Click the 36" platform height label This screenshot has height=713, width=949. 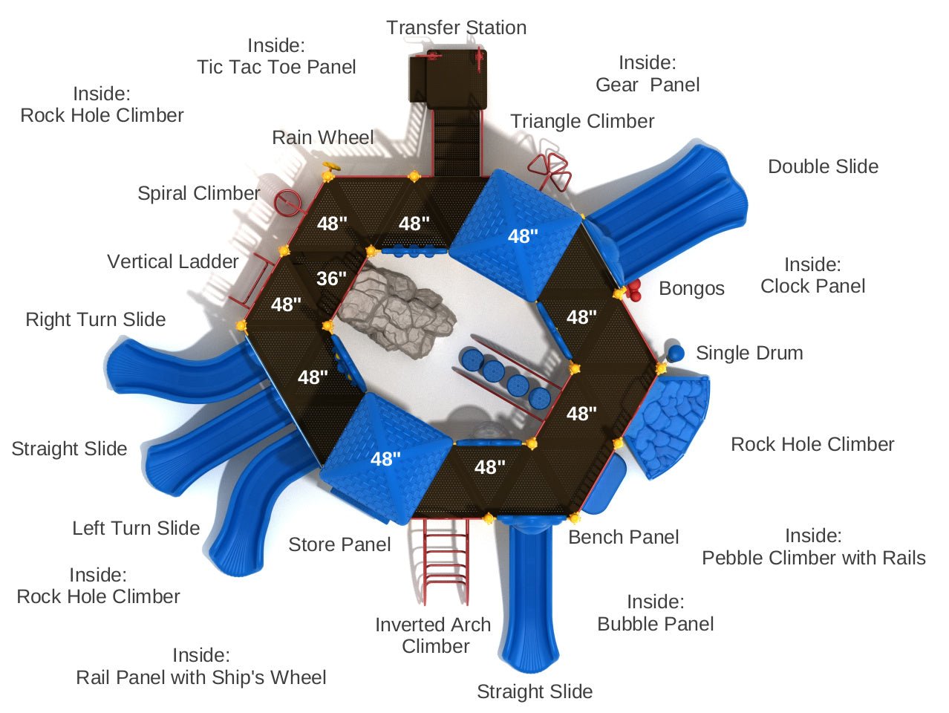coord(331,279)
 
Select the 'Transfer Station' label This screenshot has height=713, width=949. coord(456,28)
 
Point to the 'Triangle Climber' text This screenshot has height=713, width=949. coord(582,121)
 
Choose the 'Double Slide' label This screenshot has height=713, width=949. coord(823,166)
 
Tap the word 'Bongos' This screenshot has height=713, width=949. coord(691,288)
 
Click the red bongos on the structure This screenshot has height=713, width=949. coord(633,290)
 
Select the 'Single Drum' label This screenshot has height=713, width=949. coord(749,353)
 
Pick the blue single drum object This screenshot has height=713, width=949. coord(675,353)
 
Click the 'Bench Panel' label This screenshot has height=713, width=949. coord(623,537)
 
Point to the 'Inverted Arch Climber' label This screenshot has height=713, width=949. coord(434,635)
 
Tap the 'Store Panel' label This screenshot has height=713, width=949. coord(339,544)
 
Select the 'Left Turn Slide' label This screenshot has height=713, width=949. coord(136,528)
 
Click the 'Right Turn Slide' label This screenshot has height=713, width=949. coord(96,319)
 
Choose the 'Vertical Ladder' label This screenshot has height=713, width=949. coord(173,261)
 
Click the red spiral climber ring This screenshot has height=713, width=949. coord(286,202)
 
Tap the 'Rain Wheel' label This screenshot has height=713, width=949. coord(323,137)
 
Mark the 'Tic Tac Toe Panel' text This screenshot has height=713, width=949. coord(276,67)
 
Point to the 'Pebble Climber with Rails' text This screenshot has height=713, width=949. coord(814,558)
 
